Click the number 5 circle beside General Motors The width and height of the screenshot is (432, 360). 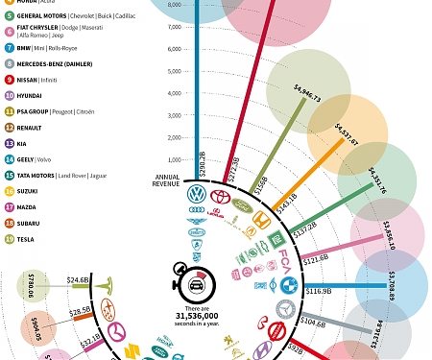coord(10,16)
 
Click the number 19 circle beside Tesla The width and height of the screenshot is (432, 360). coord(10,239)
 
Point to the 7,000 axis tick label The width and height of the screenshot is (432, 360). coord(174,26)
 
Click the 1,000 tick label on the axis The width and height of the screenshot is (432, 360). coord(174,160)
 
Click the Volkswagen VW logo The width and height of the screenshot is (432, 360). coord(197,195)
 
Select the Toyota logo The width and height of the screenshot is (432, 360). coord(221,197)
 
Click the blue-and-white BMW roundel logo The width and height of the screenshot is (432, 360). coord(288,285)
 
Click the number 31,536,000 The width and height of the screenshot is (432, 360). coord(197,314)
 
